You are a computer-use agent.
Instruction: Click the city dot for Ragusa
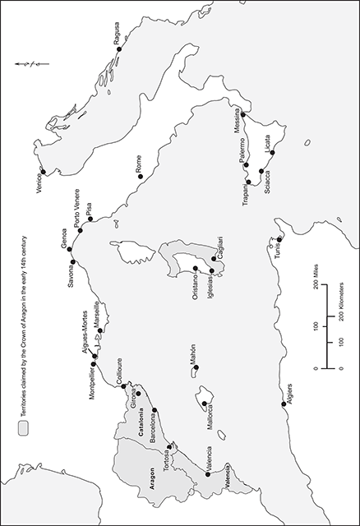119,48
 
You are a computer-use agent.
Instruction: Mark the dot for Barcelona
155,409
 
